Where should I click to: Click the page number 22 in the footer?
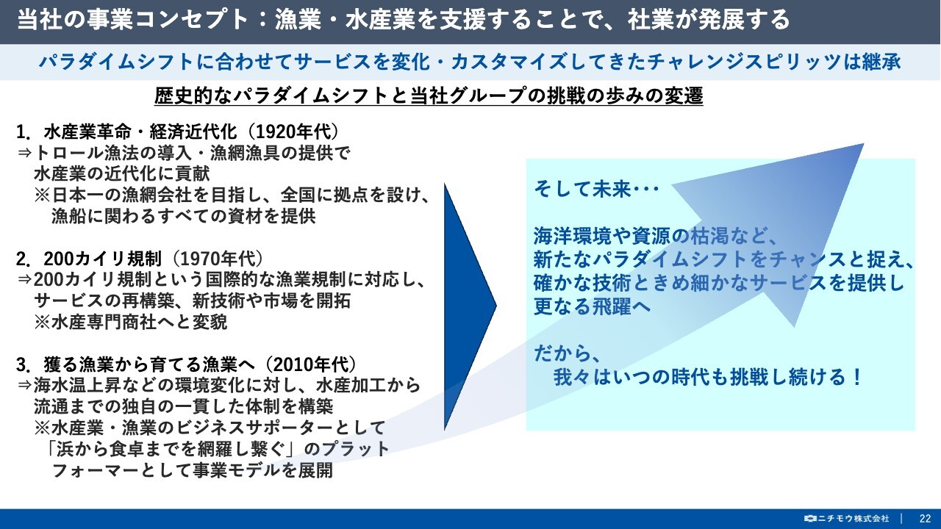click(x=925, y=519)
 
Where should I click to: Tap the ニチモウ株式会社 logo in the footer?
click(x=846, y=519)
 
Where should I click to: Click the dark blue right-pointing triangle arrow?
click(x=470, y=306)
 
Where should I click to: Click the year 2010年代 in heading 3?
click(x=311, y=364)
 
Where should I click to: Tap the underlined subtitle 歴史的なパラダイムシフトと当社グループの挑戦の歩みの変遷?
click(x=429, y=96)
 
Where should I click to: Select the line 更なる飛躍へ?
click(x=592, y=306)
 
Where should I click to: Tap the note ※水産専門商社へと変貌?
click(x=131, y=322)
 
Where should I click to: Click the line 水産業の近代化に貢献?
click(x=122, y=174)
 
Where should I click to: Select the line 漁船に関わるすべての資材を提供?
click(x=184, y=216)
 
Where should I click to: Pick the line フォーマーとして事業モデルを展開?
click(x=193, y=470)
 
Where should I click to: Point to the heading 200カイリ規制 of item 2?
click(x=102, y=259)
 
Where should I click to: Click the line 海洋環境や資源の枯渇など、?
click(x=655, y=236)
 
